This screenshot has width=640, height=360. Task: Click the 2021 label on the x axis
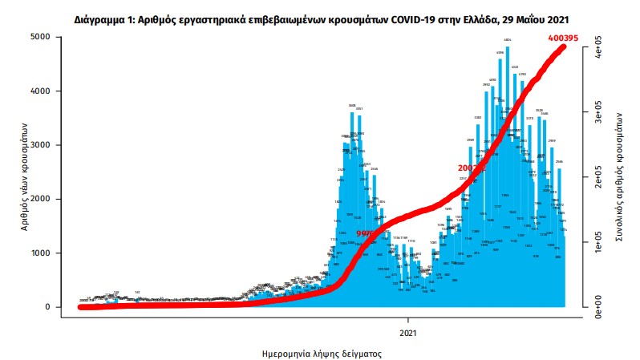(408, 332)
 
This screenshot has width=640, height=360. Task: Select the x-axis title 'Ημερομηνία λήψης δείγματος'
(321, 353)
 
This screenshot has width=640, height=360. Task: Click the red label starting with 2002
(467, 168)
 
